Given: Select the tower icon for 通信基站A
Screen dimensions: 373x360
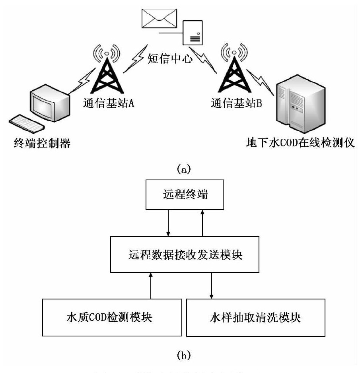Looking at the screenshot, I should [106, 71].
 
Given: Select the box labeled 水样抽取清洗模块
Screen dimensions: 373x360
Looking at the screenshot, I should [255, 318].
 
